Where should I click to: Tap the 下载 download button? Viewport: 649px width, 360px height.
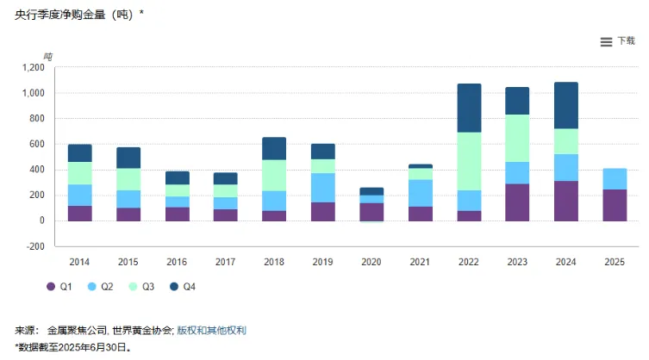pyautogui.click(x=627, y=41)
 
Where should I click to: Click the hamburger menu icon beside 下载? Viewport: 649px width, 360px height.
pyautogui.click(x=606, y=41)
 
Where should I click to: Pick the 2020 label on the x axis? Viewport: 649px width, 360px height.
pyautogui.click(x=371, y=260)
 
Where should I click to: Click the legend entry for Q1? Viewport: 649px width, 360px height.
pyautogui.click(x=58, y=286)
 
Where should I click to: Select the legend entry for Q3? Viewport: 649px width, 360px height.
pyautogui.click(x=142, y=286)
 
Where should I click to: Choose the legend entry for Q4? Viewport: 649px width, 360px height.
pyautogui.click(x=184, y=286)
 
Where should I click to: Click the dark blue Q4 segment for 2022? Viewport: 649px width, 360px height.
pyautogui.click(x=469, y=108)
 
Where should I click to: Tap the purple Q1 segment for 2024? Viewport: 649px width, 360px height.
pyautogui.click(x=566, y=201)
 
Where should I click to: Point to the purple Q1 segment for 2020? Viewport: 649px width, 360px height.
pyautogui.click(x=371, y=212)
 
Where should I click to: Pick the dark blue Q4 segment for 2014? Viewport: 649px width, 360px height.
pyautogui.click(x=80, y=153)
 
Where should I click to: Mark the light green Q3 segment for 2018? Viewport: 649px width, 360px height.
pyautogui.click(x=274, y=175)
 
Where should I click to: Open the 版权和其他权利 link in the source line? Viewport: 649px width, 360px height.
pyautogui.click(x=212, y=330)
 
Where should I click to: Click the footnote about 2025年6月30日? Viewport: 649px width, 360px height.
pyautogui.click(x=73, y=347)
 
